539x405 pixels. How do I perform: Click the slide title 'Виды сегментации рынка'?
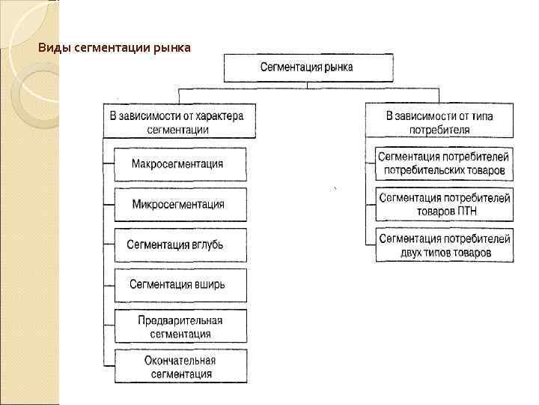115,49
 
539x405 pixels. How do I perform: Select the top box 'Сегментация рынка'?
307,67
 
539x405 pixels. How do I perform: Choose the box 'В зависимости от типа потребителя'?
439,122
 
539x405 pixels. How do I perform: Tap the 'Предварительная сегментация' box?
180,326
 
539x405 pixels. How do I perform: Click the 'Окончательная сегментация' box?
180,367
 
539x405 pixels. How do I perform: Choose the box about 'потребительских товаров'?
444,163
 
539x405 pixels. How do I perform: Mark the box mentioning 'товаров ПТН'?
444,204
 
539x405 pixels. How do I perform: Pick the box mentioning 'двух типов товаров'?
444,245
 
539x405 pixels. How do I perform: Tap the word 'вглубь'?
206,244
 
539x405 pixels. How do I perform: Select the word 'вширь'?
208,285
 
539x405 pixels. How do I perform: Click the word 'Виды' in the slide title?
52,49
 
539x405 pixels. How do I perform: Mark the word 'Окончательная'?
180,360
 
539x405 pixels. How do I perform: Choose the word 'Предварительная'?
180,319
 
